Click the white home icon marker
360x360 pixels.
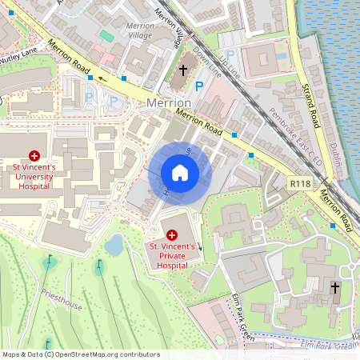click(x=180, y=172)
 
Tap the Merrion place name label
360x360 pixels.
click(x=169, y=104)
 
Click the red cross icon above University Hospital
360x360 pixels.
click(x=34, y=155)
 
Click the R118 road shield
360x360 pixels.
click(x=301, y=184)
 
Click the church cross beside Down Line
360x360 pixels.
click(x=182, y=70)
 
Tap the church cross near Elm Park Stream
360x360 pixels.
click(x=335, y=286)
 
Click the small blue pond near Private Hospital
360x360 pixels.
click(x=114, y=245)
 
